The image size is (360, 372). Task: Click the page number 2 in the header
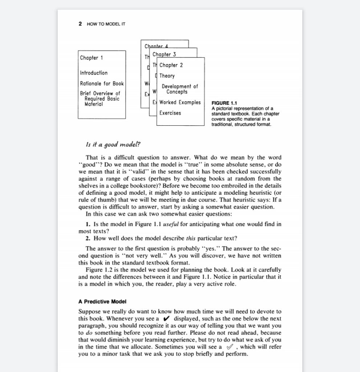coord(80,24)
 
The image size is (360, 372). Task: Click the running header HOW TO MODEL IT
coord(106,24)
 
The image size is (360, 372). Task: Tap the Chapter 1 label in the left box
coord(92,58)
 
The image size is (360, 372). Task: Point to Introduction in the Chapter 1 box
coord(94,73)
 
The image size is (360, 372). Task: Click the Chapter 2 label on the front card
coord(171,65)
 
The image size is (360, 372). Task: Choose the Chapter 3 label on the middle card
coord(164,54)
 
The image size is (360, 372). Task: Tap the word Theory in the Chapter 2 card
coord(167,76)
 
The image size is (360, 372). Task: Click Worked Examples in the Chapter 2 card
coord(180,102)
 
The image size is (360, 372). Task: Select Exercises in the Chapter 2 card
coord(170,113)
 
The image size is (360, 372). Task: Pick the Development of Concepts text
coord(179,89)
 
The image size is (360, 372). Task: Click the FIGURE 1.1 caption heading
coord(224,104)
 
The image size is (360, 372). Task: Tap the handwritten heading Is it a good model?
coord(113,145)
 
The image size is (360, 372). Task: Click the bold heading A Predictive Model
coord(102,302)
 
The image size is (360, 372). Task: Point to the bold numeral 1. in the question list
coord(88,224)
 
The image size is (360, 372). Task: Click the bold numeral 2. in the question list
coord(88,239)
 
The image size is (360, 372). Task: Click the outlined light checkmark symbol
coord(230,347)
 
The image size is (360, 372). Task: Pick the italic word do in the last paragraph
coord(89,333)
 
